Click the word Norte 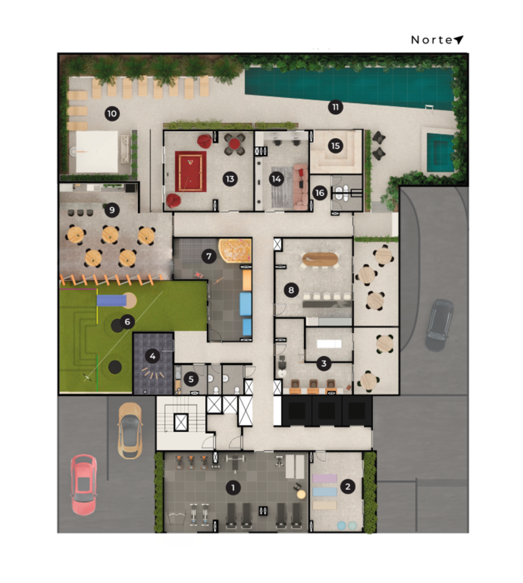[432, 40]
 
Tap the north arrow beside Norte [459, 40]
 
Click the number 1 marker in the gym [233, 487]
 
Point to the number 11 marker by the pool [335, 107]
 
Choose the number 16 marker [319, 193]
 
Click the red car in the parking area [84, 484]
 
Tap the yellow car [129, 430]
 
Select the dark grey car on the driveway [439, 325]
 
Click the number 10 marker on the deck [112, 113]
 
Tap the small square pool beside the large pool [440, 153]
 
